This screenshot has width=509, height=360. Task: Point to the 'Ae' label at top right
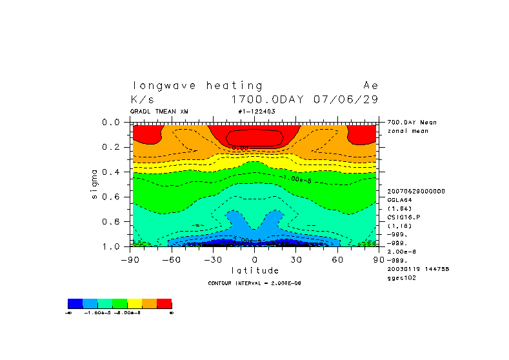pos(371,86)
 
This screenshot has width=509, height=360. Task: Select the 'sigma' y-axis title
pos(94,184)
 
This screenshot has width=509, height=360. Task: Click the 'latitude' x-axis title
pos(255,270)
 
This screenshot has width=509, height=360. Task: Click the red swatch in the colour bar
pos(164,303)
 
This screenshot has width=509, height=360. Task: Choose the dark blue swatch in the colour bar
pos(75,303)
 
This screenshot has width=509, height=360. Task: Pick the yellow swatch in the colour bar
pos(134,303)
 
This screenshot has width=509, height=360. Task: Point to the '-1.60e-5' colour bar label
pos(97,312)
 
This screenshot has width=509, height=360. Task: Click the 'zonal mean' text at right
pos(403,131)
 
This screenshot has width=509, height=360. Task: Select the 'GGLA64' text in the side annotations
pos(399,200)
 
